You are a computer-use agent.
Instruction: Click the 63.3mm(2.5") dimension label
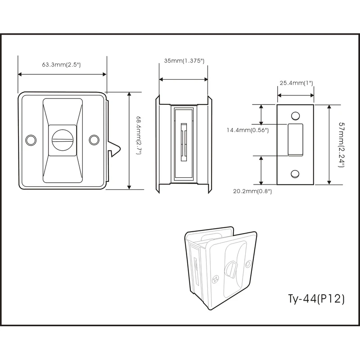tap(61, 65)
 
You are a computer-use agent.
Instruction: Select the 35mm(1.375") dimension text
tap(184, 60)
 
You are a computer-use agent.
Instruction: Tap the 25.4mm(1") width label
tap(296, 83)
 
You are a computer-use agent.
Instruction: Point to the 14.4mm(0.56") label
tap(247, 130)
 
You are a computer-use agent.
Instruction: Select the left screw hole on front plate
tap(31, 140)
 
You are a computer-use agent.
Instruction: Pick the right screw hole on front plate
tap(93, 140)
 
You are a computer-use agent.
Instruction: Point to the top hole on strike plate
tap(295, 116)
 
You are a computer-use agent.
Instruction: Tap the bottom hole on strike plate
tap(295, 173)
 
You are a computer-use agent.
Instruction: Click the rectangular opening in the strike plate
tap(295, 140)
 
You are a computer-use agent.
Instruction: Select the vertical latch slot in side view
tap(183, 140)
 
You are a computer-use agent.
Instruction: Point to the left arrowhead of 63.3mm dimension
tap(20, 74)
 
